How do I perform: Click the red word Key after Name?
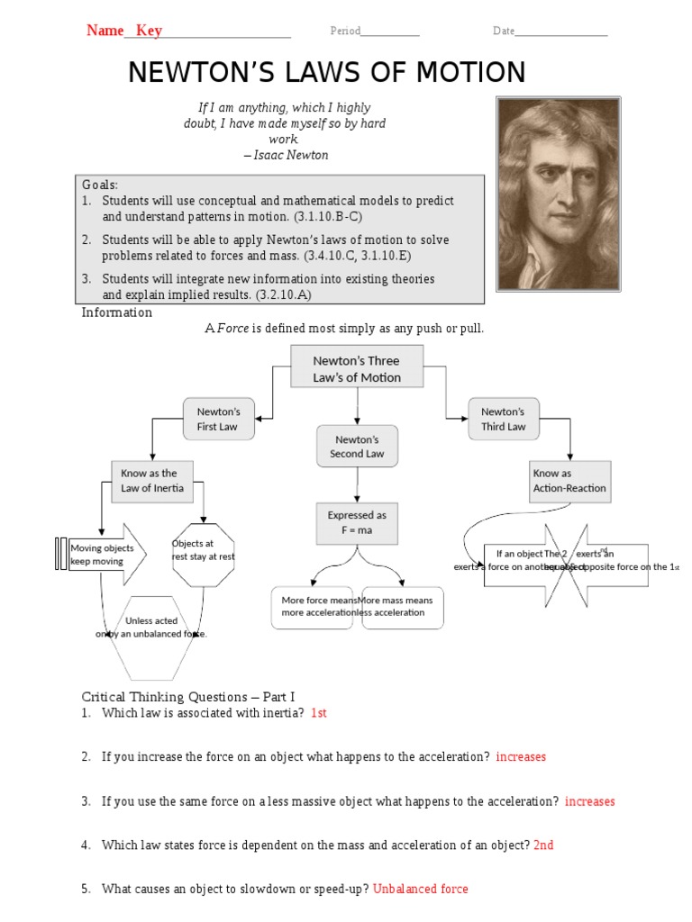(x=149, y=31)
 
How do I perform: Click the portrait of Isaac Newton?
(x=558, y=194)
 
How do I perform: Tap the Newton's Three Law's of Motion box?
(x=357, y=368)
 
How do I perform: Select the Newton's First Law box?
(x=217, y=419)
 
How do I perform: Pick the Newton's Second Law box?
(x=357, y=447)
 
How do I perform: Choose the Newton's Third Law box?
(x=503, y=419)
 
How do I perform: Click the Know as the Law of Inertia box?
(x=152, y=481)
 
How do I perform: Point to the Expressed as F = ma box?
(x=357, y=523)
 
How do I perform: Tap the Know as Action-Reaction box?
(x=569, y=481)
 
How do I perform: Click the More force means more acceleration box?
(x=312, y=606)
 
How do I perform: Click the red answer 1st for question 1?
(x=318, y=713)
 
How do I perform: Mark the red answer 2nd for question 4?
(x=543, y=845)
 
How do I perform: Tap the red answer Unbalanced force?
(x=421, y=889)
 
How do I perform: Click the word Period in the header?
(x=345, y=32)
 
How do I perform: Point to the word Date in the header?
(x=504, y=32)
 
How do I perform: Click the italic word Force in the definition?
(x=232, y=329)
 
